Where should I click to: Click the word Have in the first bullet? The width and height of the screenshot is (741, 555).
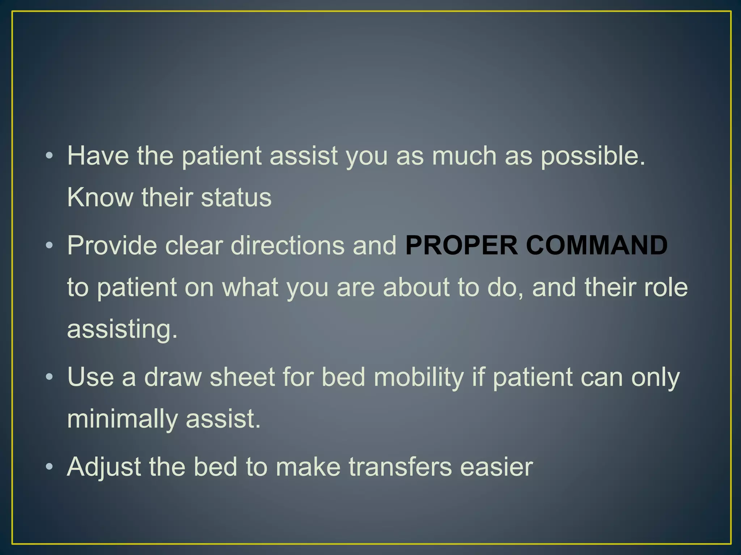(98, 156)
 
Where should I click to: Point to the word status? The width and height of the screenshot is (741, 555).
(236, 198)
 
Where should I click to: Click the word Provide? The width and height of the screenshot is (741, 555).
(112, 246)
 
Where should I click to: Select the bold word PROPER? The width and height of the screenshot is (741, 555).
(461, 246)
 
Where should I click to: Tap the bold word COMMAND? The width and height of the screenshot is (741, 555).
(597, 246)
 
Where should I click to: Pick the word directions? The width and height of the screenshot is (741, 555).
(288, 246)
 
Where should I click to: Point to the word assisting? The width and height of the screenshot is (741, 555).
(122, 330)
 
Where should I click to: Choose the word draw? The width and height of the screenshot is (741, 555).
(173, 377)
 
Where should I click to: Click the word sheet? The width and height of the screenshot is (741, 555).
(242, 377)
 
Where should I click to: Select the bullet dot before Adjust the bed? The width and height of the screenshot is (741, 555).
(50, 467)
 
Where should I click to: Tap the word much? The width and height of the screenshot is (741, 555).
(464, 156)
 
